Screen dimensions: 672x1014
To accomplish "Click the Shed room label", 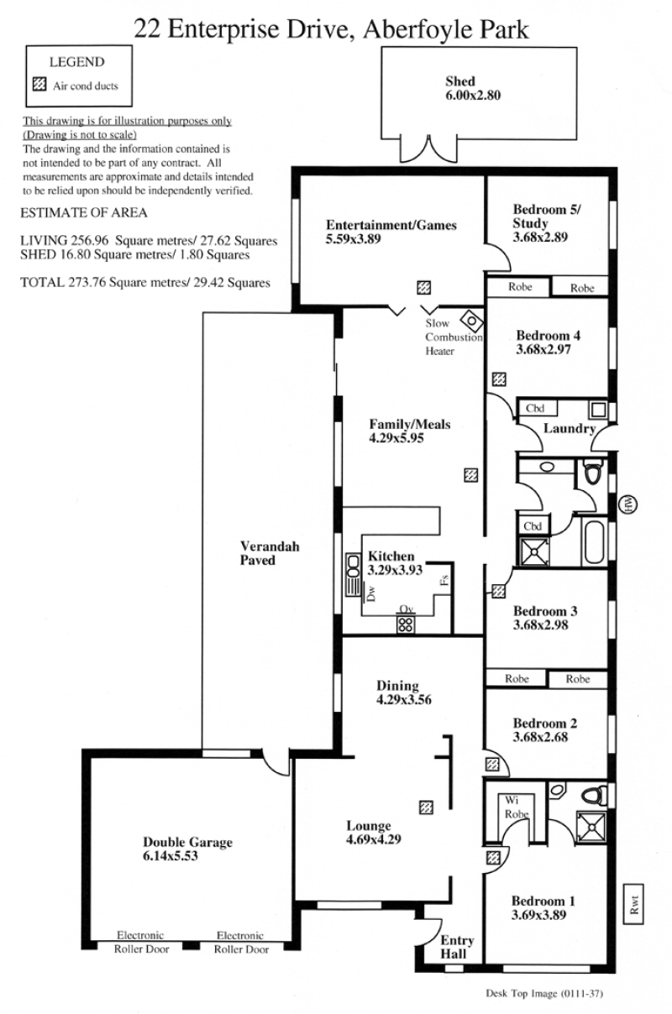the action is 460,81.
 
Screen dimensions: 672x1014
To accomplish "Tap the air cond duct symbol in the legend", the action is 39,84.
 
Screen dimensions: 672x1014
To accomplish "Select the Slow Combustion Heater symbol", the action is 472,321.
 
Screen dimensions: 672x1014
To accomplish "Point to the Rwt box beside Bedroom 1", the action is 633,904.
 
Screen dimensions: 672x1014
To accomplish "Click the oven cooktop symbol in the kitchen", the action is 406,625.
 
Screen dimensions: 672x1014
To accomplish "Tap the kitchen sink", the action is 353,574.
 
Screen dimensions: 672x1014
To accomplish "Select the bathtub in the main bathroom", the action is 595,542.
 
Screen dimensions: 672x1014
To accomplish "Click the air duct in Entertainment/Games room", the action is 423,287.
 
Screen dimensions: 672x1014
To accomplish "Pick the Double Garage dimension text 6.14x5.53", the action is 171,856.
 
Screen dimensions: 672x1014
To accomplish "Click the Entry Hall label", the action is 457,947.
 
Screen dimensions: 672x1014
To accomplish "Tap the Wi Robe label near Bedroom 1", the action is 517,808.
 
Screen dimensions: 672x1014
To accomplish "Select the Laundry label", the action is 570,429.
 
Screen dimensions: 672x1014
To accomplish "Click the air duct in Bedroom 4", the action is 499,379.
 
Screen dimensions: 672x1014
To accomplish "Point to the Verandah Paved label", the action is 270,553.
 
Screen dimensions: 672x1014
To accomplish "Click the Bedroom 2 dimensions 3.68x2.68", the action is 540,737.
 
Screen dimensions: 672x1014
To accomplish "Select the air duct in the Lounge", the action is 426,808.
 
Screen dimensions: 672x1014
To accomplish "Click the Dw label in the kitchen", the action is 371,593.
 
